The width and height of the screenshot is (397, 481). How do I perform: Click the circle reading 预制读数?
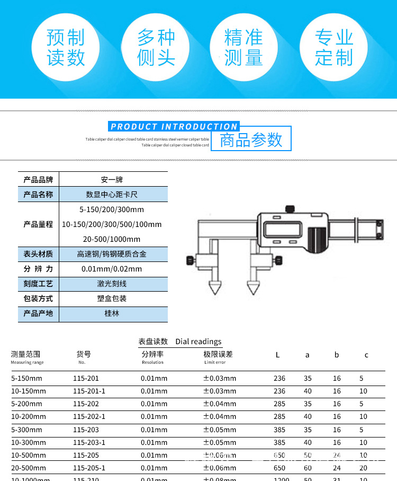coord(66,48)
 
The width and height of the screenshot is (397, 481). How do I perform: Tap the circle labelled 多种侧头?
coord(156,48)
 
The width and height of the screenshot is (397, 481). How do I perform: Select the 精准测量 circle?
coord(243,48)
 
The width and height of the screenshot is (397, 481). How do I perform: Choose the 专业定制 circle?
coord(334,48)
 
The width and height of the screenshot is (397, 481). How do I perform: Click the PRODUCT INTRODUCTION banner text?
coord(174,127)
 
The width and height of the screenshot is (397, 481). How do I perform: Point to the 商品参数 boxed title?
coord(251,140)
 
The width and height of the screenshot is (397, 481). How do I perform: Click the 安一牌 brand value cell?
coord(112,180)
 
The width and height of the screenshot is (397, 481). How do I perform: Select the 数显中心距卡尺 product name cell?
coord(112,195)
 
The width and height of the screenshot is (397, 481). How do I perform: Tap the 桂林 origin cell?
coord(112,313)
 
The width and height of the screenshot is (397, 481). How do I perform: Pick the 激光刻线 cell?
coord(112,284)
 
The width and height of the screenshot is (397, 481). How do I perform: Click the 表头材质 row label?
coord(38,254)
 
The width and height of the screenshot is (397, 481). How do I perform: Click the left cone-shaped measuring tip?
coord(214,287)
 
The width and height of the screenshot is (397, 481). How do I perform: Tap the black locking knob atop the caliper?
coord(290,209)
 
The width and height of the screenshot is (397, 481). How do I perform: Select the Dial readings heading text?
coord(198,342)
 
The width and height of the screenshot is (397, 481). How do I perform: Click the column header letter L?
coord(277,355)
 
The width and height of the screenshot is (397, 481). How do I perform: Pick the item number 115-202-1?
coord(89,417)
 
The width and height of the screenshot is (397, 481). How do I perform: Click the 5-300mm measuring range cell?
coord(26,430)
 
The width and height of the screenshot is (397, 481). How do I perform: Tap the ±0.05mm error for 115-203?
coord(220,430)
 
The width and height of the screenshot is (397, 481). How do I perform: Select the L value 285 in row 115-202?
coord(279,404)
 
